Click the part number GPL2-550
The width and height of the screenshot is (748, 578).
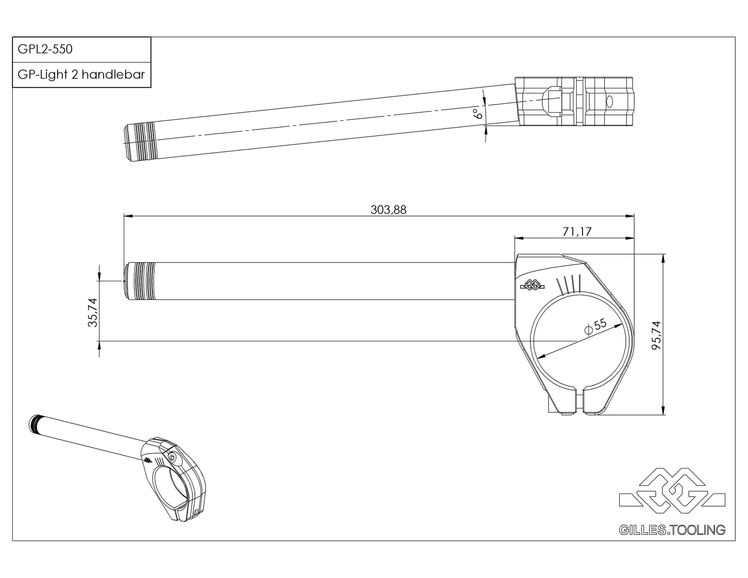(45, 49)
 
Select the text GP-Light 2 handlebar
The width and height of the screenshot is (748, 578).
(81, 74)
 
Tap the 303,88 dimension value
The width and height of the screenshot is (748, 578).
(388, 210)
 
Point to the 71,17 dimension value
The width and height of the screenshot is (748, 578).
(577, 232)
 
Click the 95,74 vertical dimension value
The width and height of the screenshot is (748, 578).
(656, 335)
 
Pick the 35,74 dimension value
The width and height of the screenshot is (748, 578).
(93, 312)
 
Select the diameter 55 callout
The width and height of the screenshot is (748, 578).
(595, 326)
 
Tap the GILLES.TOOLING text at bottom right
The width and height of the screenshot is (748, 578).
(672, 530)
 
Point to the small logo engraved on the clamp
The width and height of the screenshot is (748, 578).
(532, 286)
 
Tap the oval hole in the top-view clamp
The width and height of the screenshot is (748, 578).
(609, 101)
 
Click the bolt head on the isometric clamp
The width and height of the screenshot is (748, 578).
(172, 457)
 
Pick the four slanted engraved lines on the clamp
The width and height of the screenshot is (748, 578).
(568, 284)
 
